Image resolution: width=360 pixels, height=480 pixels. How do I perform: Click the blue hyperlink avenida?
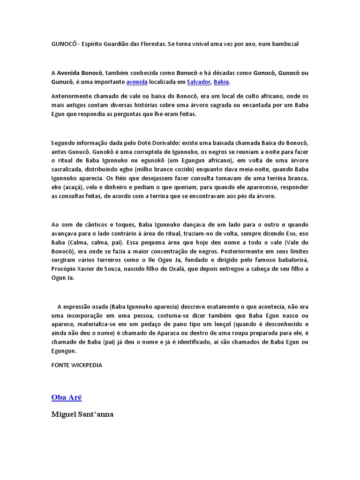(137, 82)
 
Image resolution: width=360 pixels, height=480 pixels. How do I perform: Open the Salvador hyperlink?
(198, 82)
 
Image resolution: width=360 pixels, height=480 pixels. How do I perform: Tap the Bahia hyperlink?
(221, 82)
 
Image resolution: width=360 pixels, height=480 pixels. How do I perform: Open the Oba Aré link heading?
(67, 397)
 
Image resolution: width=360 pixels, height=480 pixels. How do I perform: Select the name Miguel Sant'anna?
(82, 414)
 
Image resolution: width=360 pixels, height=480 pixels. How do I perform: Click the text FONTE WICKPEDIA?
(76, 365)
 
